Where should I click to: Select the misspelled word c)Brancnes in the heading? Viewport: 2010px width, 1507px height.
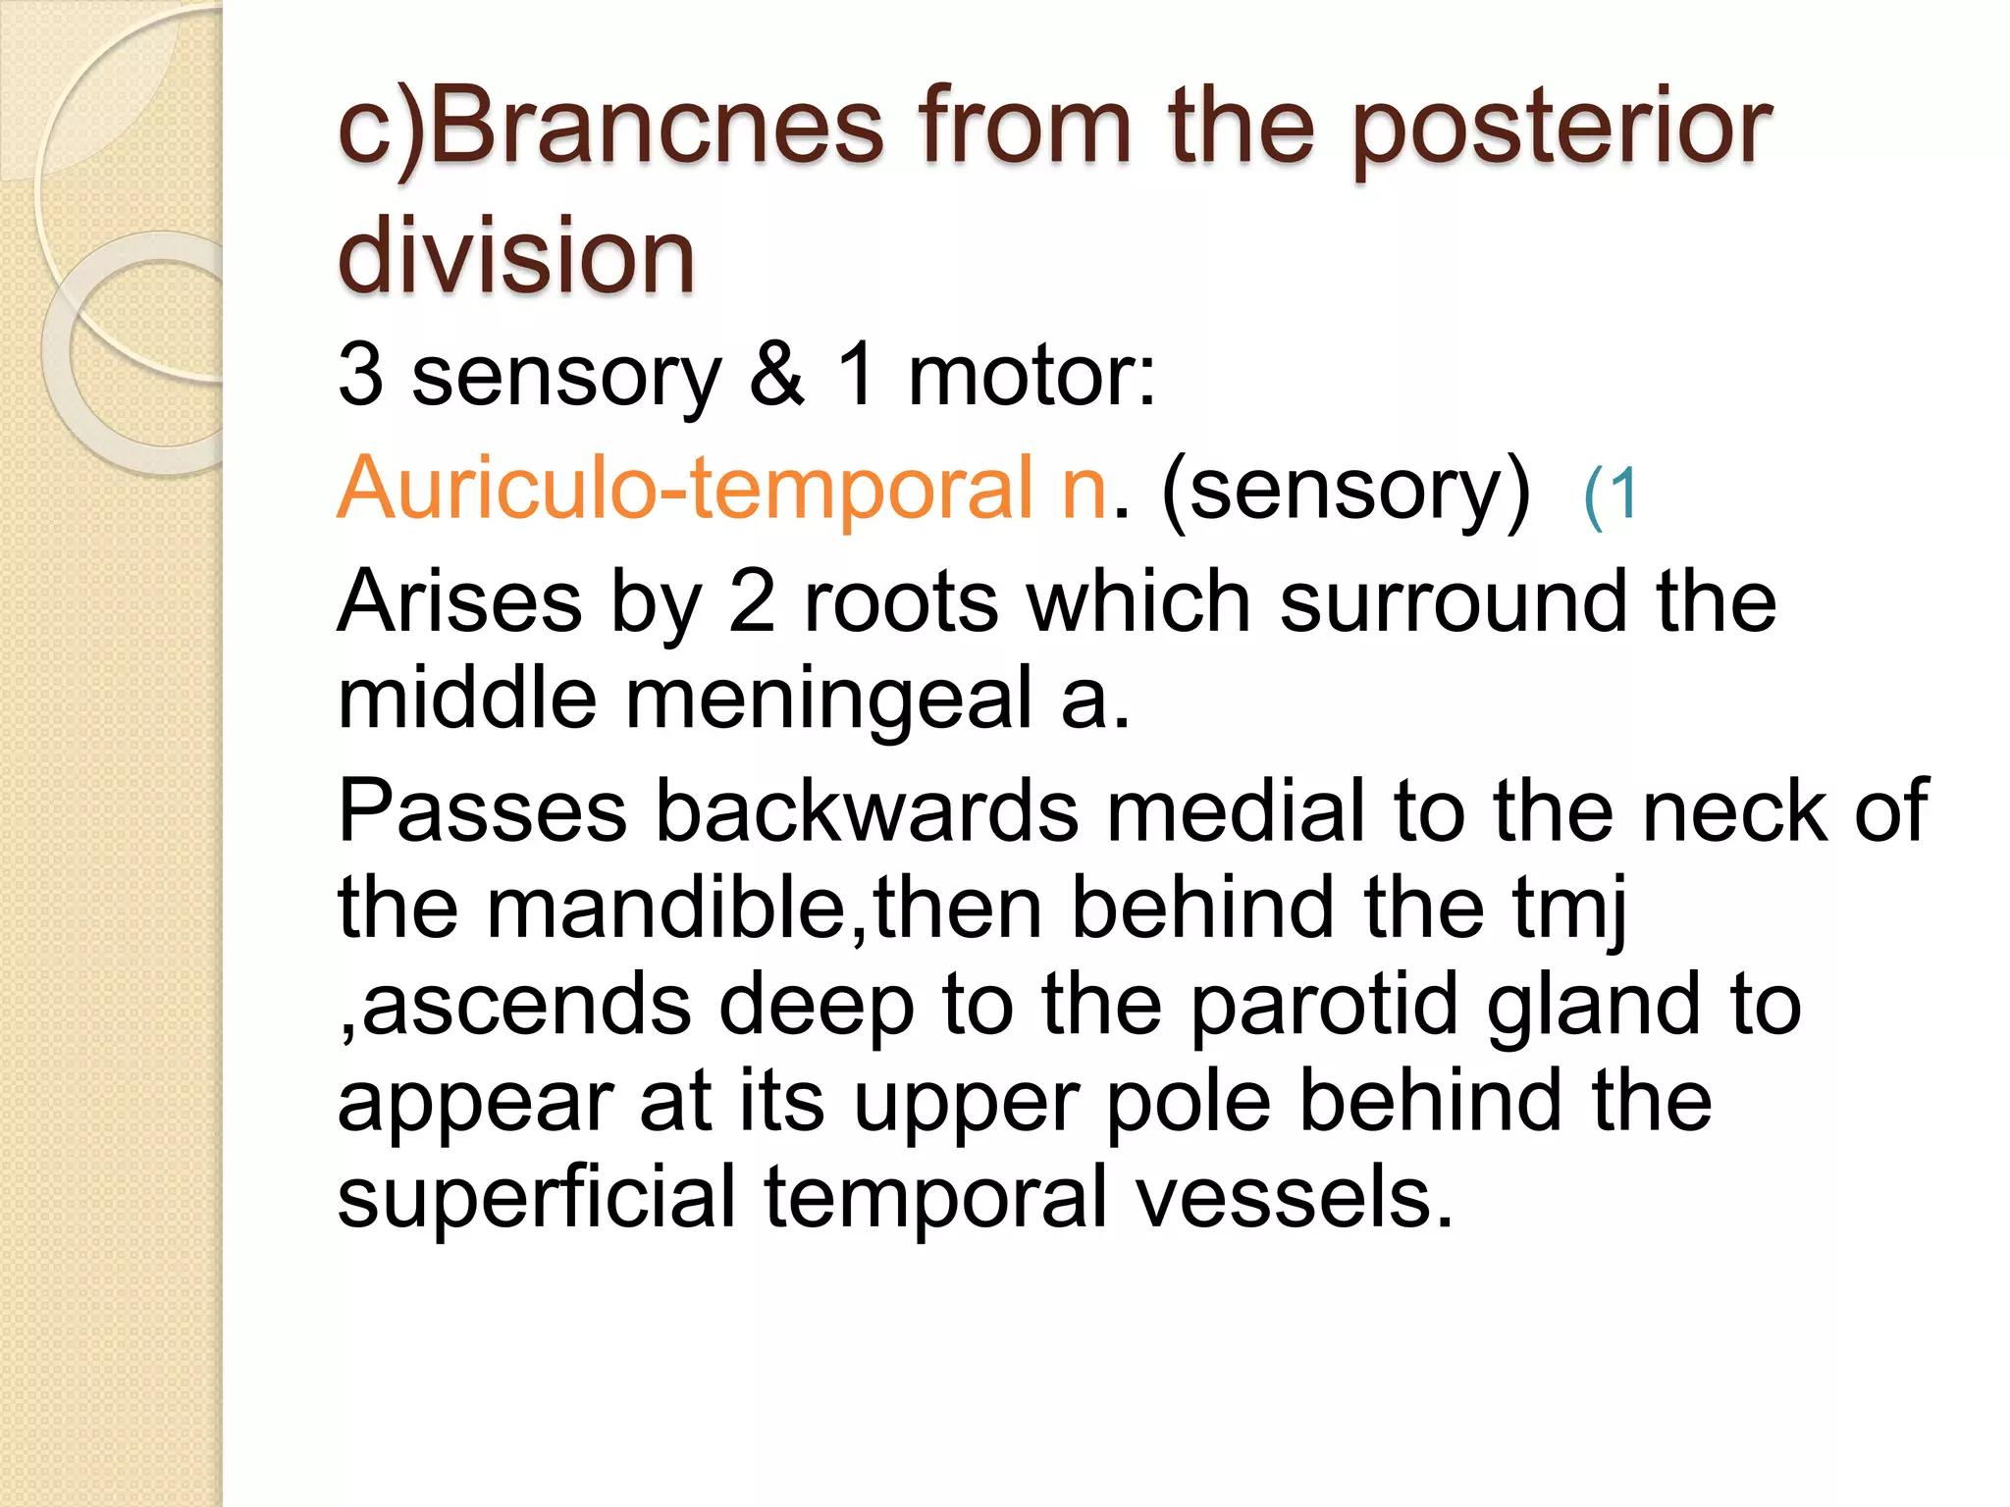click(x=610, y=128)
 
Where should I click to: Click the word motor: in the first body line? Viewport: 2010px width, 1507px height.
click(x=1031, y=376)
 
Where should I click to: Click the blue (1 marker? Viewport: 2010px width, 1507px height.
click(x=1610, y=494)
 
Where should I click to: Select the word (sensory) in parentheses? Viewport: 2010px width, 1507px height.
click(x=1345, y=489)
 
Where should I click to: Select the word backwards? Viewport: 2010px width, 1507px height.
click(x=866, y=810)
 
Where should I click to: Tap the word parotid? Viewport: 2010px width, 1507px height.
click(x=1325, y=1005)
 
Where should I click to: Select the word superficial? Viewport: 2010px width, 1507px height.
click(x=536, y=1197)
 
